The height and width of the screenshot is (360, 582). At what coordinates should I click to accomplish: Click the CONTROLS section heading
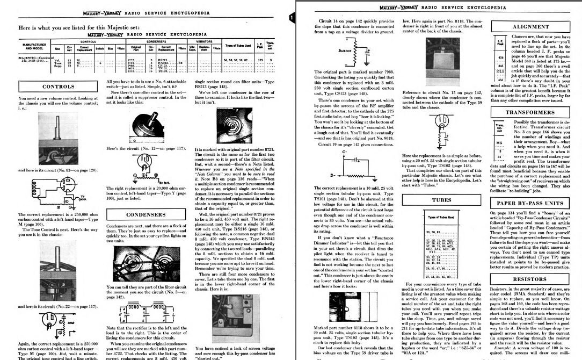[58, 86]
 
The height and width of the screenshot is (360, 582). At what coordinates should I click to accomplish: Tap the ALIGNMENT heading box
[531, 26]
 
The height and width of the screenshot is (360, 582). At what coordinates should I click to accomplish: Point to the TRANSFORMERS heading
[531, 113]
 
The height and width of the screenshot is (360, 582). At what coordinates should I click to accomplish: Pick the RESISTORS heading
[530, 279]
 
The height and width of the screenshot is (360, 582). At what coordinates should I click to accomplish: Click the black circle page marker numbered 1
[291, 18]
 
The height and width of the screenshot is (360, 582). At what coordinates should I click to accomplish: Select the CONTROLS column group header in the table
[88, 40]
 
